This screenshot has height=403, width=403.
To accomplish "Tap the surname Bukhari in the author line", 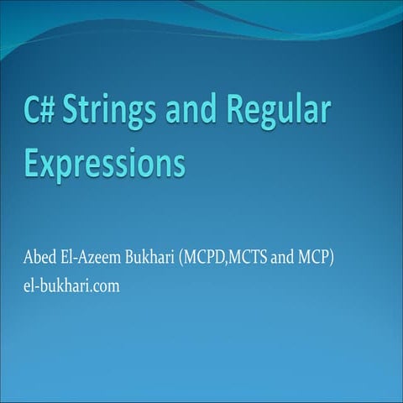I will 149,257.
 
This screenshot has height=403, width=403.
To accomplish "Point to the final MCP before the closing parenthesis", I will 317,257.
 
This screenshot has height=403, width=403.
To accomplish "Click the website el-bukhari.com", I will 73,285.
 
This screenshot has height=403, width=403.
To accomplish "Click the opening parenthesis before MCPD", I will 182,257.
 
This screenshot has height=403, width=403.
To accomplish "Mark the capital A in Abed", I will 30,257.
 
